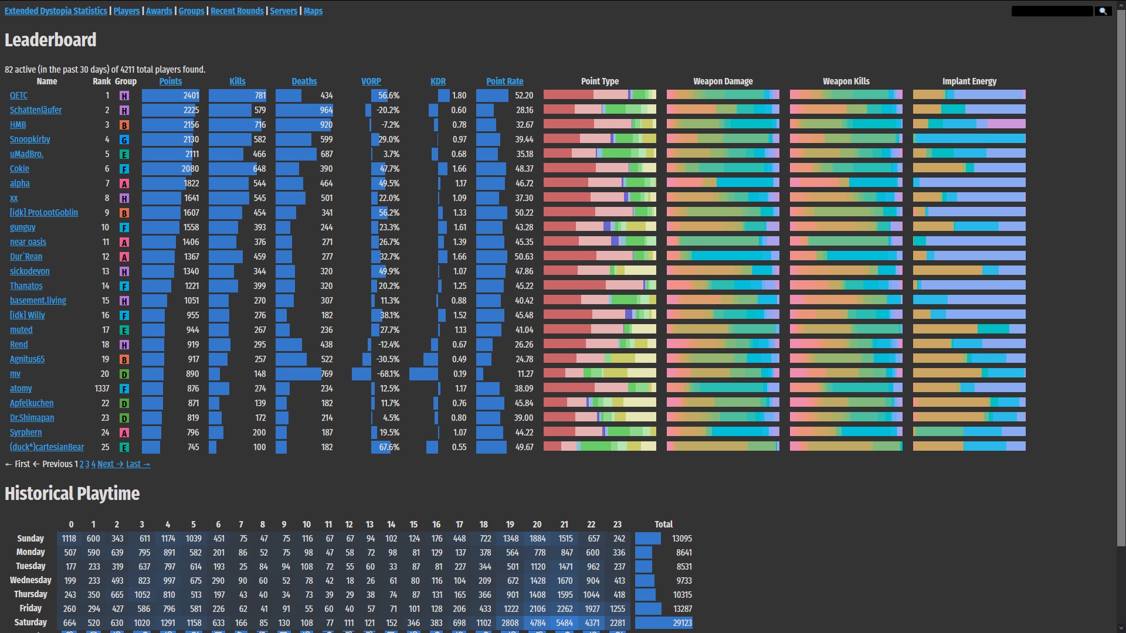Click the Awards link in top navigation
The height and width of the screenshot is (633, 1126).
click(159, 11)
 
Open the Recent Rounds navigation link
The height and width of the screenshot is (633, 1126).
click(237, 11)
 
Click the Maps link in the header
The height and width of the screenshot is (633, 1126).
click(313, 11)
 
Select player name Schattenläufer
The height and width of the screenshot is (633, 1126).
click(36, 110)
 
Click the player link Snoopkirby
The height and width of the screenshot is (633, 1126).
click(30, 139)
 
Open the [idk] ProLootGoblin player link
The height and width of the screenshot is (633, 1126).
click(44, 213)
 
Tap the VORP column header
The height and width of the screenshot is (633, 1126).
click(371, 81)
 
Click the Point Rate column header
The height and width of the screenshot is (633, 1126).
click(504, 81)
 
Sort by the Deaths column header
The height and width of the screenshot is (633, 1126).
click(304, 81)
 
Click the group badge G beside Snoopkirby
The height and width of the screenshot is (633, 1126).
click(124, 140)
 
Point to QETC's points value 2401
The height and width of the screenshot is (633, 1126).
click(191, 96)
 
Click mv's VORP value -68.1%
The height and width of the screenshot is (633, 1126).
click(388, 374)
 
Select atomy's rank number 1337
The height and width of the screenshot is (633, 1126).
click(102, 389)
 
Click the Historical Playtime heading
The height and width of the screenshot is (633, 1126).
click(72, 494)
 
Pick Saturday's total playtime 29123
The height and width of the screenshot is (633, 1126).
click(682, 623)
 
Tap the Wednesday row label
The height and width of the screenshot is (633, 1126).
click(30, 580)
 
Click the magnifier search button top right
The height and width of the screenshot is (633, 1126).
click(1103, 11)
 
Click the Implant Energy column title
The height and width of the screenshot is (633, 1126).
click(969, 81)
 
